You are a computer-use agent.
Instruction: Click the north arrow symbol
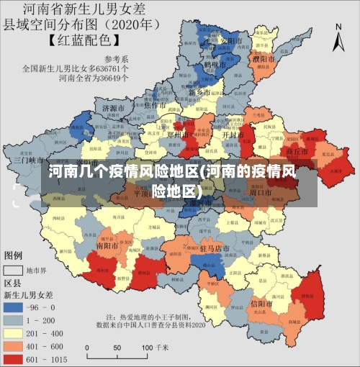coord(338,37)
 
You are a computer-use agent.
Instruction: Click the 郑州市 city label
coord(177,134)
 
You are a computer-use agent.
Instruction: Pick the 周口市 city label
coord(259,193)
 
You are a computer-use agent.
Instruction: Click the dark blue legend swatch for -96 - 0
coord(14,307)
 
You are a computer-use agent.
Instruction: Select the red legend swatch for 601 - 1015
coord(14,358)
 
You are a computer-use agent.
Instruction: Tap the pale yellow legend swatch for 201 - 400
coord(14,332)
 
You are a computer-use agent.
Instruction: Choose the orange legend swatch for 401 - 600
coord(14,345)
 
